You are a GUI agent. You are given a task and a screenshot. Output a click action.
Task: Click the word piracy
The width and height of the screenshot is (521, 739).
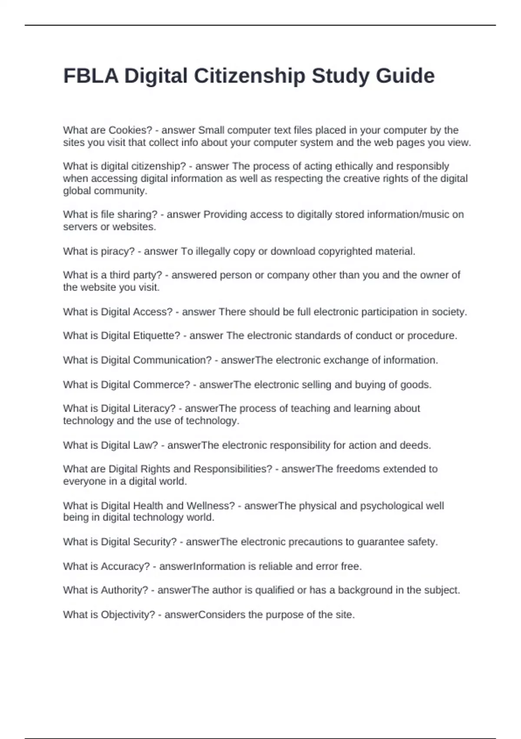pyautogui.click(x=118, y=251)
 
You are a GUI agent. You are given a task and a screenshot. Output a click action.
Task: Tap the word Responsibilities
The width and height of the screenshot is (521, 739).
pyautogui.click(x=233, y=469)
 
